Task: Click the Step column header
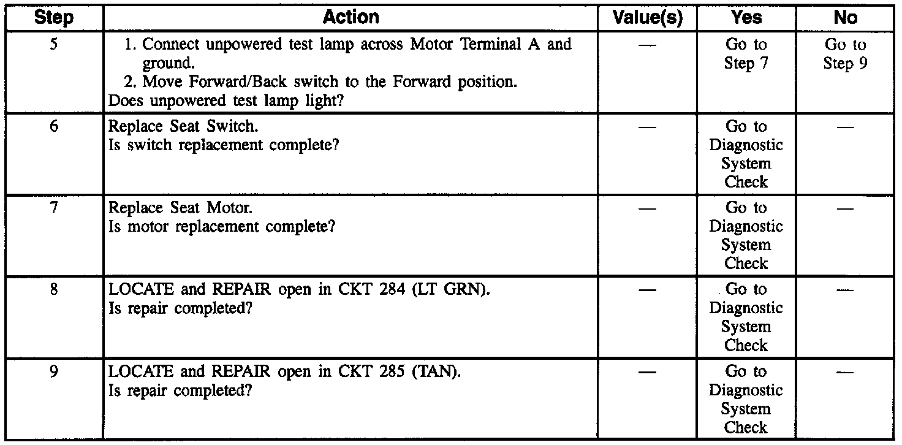(x=53, y=17)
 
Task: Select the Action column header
(x=351, y=17)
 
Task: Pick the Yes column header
(x=746, y=17)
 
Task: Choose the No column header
(x=846, y=17)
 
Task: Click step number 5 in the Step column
(x=53, y=45)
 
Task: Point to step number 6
(x=53, y=127)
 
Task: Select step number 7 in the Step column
(x=53, y=208)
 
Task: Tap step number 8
(x=53, y=289)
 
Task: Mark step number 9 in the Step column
(x=53, y=371)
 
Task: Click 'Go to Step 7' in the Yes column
(x=746, y=54)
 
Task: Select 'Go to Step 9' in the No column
(x=846, y=54)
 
